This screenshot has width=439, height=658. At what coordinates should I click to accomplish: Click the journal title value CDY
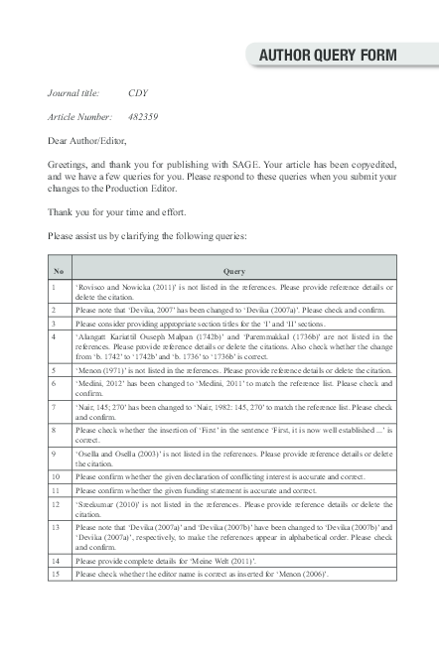(x=138, y=92)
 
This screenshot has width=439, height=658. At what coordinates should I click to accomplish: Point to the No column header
(x=59, y=271)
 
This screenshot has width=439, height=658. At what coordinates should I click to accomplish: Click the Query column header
(x=233, y=271)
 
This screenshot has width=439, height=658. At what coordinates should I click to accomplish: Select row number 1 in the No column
(x=55, y=287)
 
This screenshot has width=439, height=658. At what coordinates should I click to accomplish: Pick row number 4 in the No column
(x=55, y=337)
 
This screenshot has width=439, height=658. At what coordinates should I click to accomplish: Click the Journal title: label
(x=73, y=92)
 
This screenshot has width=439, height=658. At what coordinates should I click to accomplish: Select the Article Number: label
(x=80, y=116)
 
